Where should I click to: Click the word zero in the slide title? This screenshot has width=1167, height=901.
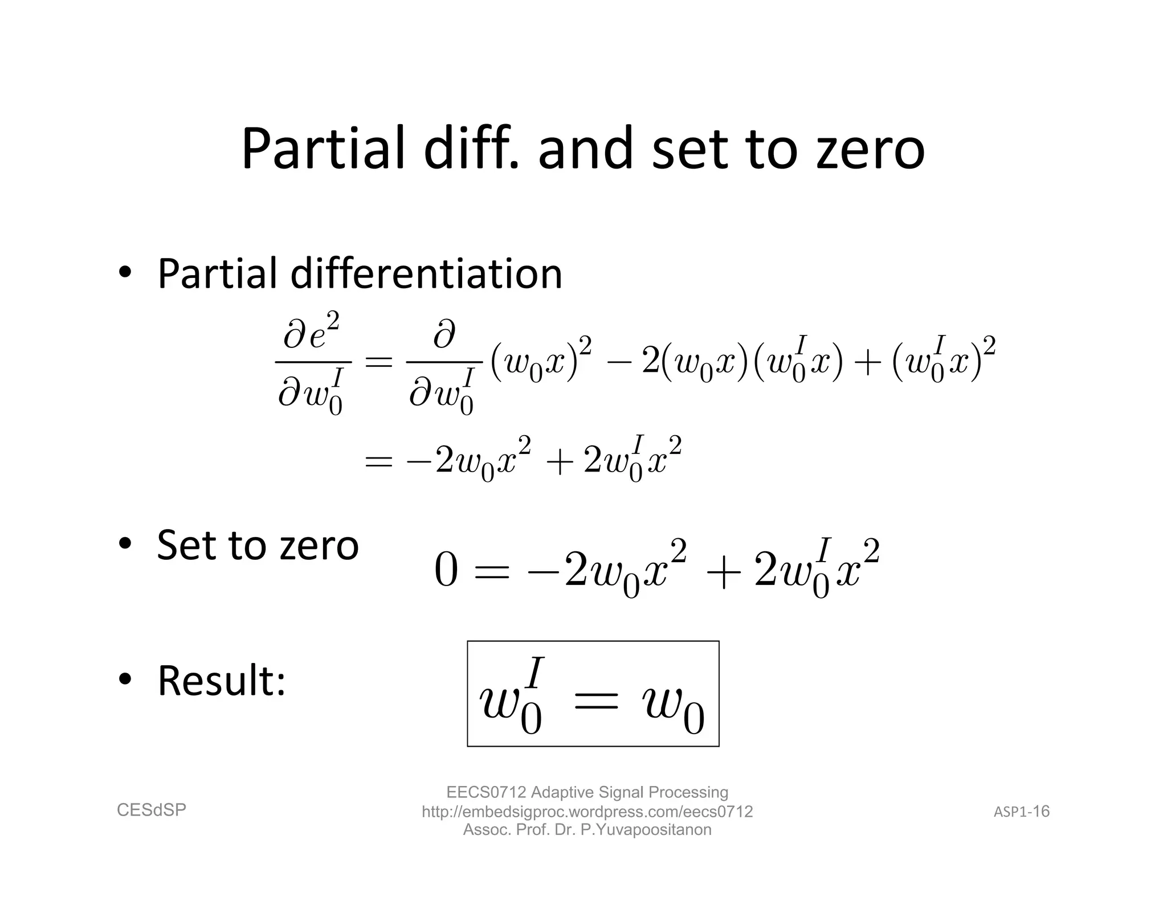pos(870,150)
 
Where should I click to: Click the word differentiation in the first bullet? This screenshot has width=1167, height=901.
pos(426,274)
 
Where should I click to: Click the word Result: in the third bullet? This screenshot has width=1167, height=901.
pos(221,681)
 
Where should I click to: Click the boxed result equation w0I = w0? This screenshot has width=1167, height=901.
pos(593,694)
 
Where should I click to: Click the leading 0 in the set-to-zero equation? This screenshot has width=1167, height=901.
pos(446,570)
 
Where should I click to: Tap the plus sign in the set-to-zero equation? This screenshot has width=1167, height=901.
pos(721,571)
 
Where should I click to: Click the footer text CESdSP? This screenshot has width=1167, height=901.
pos(152,810)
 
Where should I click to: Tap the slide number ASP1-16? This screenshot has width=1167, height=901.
pos(1022,812)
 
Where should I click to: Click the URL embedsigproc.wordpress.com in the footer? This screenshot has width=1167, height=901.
pos(587,812)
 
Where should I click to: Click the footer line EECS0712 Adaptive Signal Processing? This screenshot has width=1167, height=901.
pos(587,792)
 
